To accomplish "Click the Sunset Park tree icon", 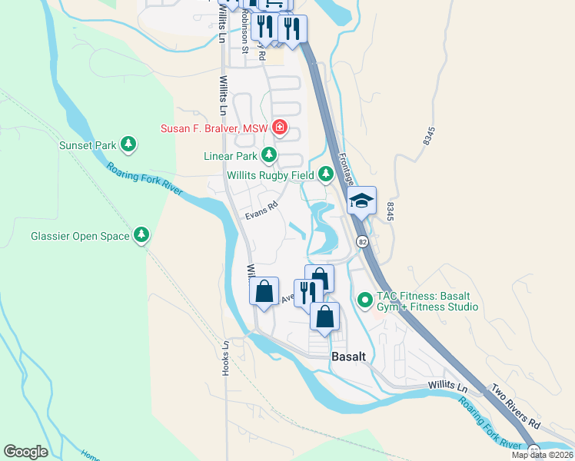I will coord(129,144).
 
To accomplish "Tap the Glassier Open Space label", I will coord(80,236).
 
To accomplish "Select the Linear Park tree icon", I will coord(268,156).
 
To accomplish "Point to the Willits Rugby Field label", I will coord(270,175).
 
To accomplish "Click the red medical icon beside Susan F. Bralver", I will coord(281,128).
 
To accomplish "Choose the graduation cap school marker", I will coord(361,201).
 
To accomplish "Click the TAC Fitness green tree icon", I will coord(365,297).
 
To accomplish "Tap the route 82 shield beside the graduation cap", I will coord(361,241).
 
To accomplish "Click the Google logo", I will coord(25,451).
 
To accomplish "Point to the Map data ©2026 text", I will coord(542,455).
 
